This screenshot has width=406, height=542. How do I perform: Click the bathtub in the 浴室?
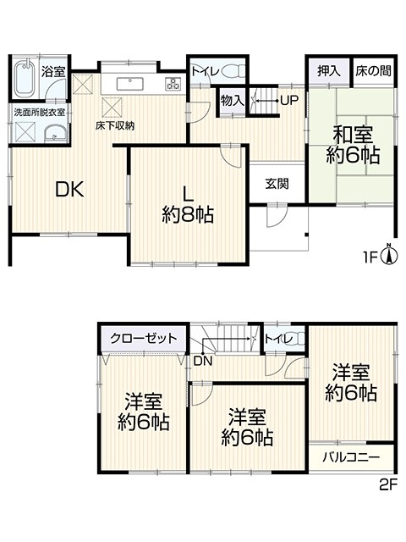25,78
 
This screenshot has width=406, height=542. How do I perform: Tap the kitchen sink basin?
130,84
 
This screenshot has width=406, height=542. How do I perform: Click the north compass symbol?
389,255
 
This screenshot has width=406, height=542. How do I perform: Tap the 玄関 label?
277,184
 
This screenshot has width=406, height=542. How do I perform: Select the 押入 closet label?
329,71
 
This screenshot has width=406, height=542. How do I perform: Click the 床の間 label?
374,71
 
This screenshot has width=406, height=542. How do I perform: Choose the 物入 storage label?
233,101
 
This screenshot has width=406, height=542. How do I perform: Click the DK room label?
70,189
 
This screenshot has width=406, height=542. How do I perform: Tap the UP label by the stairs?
289,101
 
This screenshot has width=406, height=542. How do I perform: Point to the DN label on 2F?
203,362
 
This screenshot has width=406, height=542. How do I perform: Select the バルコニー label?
351,457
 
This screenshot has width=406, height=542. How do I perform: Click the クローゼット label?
143,338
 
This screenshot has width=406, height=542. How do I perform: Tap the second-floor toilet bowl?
299,339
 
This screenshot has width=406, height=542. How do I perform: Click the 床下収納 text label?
115,126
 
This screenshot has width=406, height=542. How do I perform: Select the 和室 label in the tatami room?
353,135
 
